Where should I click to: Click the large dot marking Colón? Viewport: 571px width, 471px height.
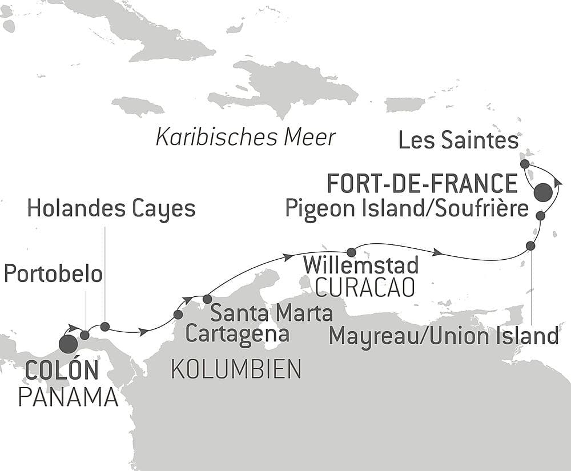[68, 344]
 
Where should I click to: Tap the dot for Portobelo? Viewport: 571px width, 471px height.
[85, 335]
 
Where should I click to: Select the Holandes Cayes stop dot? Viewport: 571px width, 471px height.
[105, 327]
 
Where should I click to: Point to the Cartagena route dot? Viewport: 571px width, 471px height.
[178, 315]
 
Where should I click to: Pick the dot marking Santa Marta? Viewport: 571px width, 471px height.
[207, 299]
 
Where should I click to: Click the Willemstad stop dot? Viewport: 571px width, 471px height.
[352, 252]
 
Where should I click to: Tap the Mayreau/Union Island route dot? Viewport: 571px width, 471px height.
[530, 245]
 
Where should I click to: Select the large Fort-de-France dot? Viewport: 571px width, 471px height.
[543, 192]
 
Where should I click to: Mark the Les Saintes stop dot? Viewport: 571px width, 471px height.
[525, 164]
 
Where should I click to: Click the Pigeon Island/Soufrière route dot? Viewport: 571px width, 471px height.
[541, 216]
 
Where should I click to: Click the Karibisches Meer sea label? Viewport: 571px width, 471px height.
[246, 138]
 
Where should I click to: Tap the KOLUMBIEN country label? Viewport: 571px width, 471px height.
[236, 371]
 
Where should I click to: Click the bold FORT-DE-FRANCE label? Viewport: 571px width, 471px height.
[421, 184]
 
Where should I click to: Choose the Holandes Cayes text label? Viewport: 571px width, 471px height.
[111, 210]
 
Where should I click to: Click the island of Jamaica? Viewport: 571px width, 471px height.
[138, 106]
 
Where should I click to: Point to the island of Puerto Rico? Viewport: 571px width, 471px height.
[405, 104]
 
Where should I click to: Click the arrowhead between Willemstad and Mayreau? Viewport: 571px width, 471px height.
[438, 252]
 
